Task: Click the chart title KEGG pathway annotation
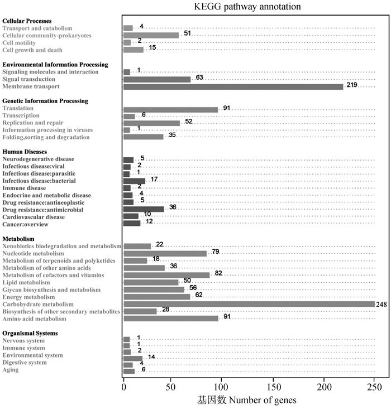[247, 7]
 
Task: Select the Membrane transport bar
[233, 87]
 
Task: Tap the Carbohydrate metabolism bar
[249, 304]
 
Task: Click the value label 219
[352, 85]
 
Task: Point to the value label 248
[382, 304]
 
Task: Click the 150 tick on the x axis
[274, 387]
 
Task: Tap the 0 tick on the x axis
[124, 387]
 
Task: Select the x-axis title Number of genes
[263, 400]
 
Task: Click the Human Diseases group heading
[25, 152]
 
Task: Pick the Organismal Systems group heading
[30, 333]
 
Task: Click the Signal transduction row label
[29, 79]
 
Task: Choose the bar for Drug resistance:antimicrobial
[144, 209]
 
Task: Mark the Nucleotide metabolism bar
[165, 254]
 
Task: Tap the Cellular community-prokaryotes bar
[151, 35]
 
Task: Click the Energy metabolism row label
[29, 297]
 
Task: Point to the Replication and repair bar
[152, 123]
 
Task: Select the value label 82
[218, 273]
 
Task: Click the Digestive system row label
[25, 362]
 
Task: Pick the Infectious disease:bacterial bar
[134, 181]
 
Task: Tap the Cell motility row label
[19, 43]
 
